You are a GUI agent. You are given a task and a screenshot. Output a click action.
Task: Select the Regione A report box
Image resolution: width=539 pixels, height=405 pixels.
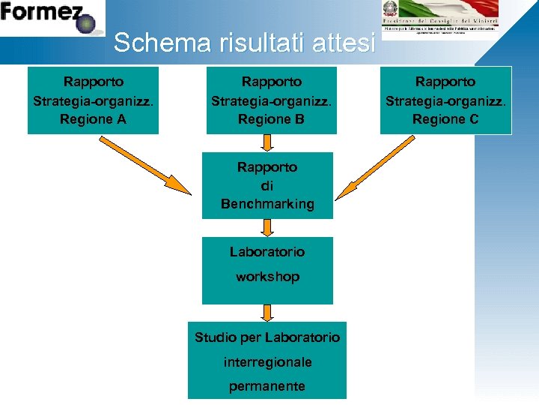pyautogui.click(x=94, y=100)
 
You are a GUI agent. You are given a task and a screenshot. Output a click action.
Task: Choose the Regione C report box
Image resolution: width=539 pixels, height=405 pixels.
pyautogui.click(x=445, y=100)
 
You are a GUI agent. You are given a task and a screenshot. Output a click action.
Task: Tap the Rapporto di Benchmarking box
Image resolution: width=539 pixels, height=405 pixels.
pyautogui.click(x=267, y=185)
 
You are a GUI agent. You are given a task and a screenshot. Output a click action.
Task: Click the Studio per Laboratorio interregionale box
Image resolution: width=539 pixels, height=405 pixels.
pyautogui.click(x=267, y=361)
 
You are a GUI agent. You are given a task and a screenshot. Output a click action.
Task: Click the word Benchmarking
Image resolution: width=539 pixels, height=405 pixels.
pyautogui.click(x=267, y=204)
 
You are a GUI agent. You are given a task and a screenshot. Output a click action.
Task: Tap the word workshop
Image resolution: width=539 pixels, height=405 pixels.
pyautogui.click(x=267, y=277)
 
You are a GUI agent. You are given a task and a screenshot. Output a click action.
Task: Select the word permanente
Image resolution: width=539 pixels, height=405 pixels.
pyautogui.click(x=267, y=386)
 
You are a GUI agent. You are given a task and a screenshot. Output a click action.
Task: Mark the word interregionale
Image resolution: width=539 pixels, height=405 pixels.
pyautogui.click(x=267, y=362)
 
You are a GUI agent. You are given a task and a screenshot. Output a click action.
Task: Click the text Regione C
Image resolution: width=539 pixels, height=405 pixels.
pyautogui.click(x=445, y=119)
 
